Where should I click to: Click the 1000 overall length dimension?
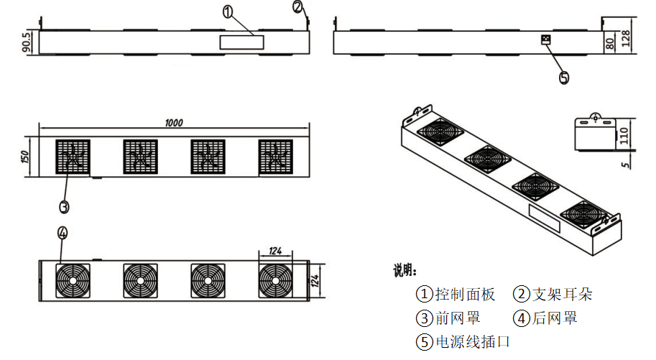[173, 122]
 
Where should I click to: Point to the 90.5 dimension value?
[27, 42]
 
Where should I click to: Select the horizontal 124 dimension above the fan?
[276, 251]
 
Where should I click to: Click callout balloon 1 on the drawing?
[228, 11]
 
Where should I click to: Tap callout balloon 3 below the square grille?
[63, 206]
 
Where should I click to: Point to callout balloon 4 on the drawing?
[63, 232]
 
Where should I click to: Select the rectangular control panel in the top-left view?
[241, 42]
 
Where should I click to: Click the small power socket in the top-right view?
[545, 40]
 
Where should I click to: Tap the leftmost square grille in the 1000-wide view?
[73, 156]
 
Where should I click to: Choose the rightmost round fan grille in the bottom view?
[276, 278]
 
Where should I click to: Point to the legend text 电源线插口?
[473, 341]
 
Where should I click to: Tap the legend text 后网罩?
[554, 318]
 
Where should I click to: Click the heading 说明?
[404, 271]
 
